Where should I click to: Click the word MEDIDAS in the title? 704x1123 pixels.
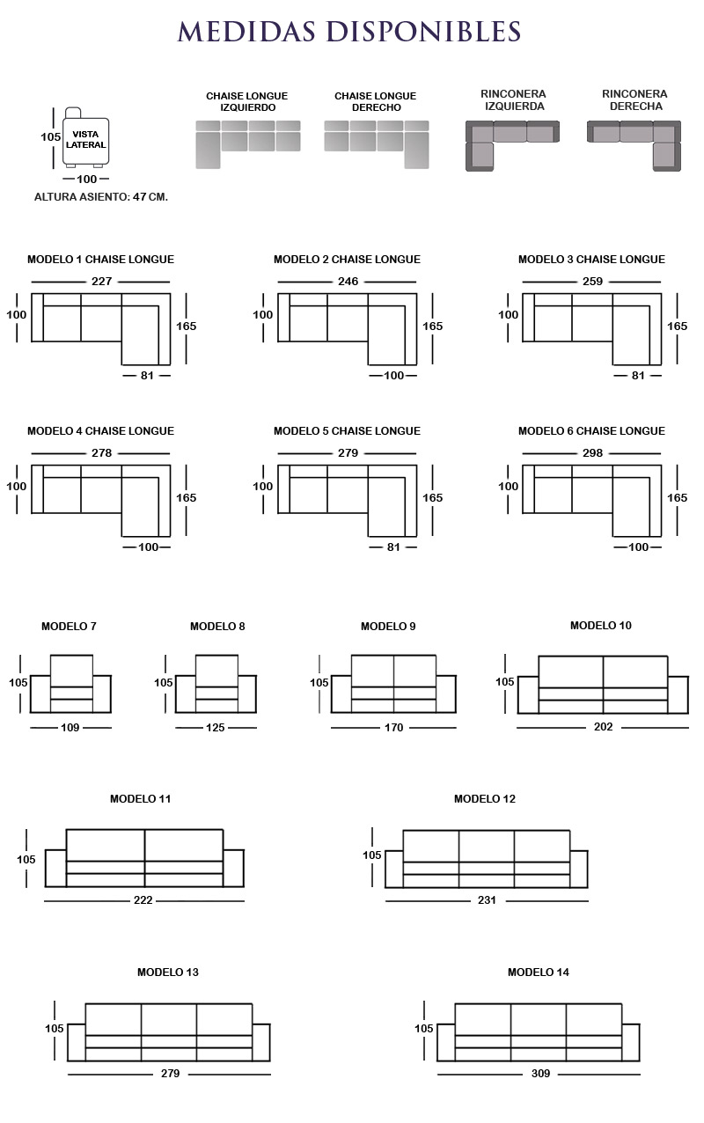pyautogui.click(x=246, y=32)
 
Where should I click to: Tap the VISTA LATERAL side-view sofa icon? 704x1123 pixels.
pyautogui.click(x=85, y=137)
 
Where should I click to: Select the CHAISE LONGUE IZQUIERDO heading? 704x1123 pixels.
pyautogui.click(x=247, y=101)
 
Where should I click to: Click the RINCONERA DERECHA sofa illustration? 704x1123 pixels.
pyautogui.click(x=634, y=145)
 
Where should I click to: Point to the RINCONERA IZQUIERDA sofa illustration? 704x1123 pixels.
pyautogui.click(x=512, y=145)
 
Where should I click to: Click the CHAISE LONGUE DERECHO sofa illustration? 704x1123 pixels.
pyautogui.click(x=377, y=144)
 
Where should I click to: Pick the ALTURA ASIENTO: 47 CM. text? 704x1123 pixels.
pyautogui.click(x=101, y=197)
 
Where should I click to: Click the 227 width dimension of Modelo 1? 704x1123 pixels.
pyautogui.click(x=102, y=282)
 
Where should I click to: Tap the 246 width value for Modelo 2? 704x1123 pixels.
pyautogui.click(x=348, y=282)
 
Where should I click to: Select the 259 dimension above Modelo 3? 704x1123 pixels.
pyautogui.click(x=593, y=282)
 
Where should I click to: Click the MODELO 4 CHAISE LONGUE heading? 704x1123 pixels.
pyautogui.click(x=101, y=430)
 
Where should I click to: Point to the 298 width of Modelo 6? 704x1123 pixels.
pyautogui.click(x=593, y=452)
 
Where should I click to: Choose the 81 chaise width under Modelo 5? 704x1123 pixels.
pyautogui.click(x=393, y=547)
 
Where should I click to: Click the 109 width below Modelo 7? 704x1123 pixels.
pyautogui.click(x=70, y=728)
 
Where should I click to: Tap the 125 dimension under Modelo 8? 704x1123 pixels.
pyautogui.click(x=215, y=728)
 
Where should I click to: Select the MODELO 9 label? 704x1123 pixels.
pyautogui.click(x=389, y=626)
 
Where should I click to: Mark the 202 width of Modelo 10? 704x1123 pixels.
pyautogui.click(x=603, y=726)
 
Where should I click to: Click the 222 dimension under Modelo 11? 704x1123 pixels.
pyautogui.click(x=143, y=900)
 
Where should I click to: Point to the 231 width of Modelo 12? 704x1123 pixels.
pyautogui.click(x=487, y=900)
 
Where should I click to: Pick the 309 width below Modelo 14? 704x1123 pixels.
pyautogui.click(x=540, y=1074)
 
